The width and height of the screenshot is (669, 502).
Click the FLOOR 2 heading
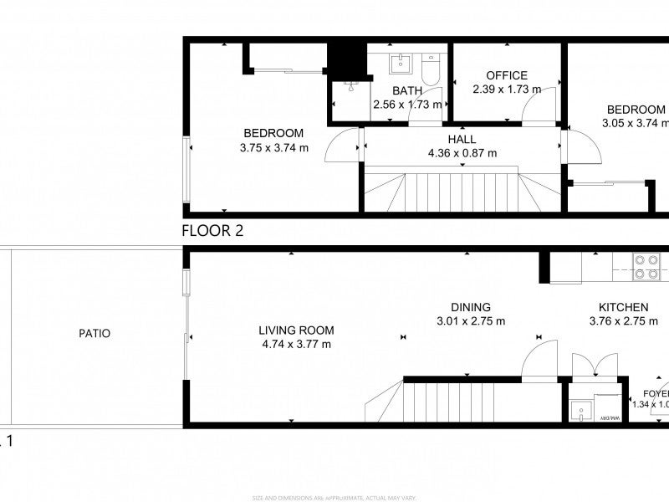(x=212, y=232)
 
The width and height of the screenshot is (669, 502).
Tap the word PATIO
(x=94, y=333)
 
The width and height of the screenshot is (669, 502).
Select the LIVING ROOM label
(x=295, y=330)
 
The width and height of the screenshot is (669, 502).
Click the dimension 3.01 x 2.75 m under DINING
(x=471, y=321)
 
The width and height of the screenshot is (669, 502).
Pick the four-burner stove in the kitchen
(x=647, y=265)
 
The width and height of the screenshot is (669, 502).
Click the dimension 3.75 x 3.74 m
(x=273, y=148)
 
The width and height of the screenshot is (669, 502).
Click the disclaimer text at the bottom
(x=334, y=497)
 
